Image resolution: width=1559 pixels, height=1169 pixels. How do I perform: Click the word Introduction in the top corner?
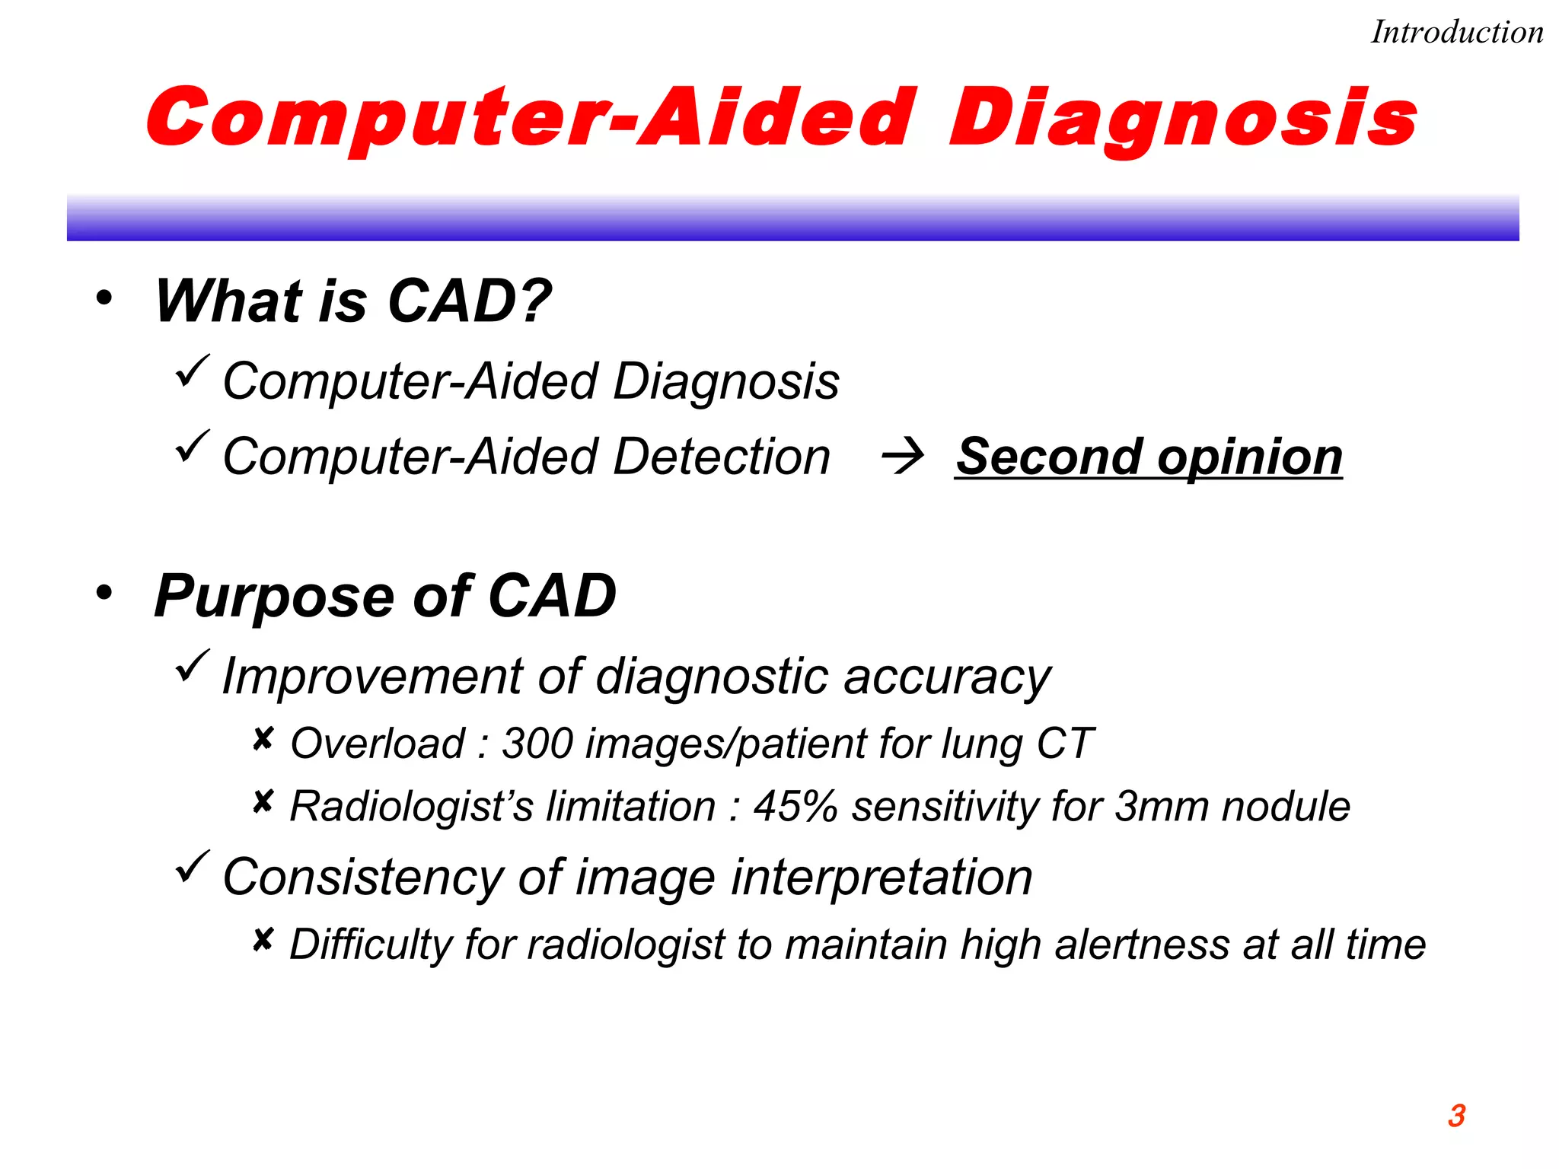[x=1456, y=33]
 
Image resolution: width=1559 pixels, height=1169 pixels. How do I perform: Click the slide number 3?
[x=1456, y=1116]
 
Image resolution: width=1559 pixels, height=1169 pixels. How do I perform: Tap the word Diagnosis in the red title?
[x=1183, y=118]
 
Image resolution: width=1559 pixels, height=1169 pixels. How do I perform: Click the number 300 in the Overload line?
[x=537, y=744]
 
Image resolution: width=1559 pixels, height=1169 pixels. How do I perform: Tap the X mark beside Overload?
[x=263, y=739]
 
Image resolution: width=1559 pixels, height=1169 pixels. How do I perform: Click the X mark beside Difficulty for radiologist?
[x=263, y=941]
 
